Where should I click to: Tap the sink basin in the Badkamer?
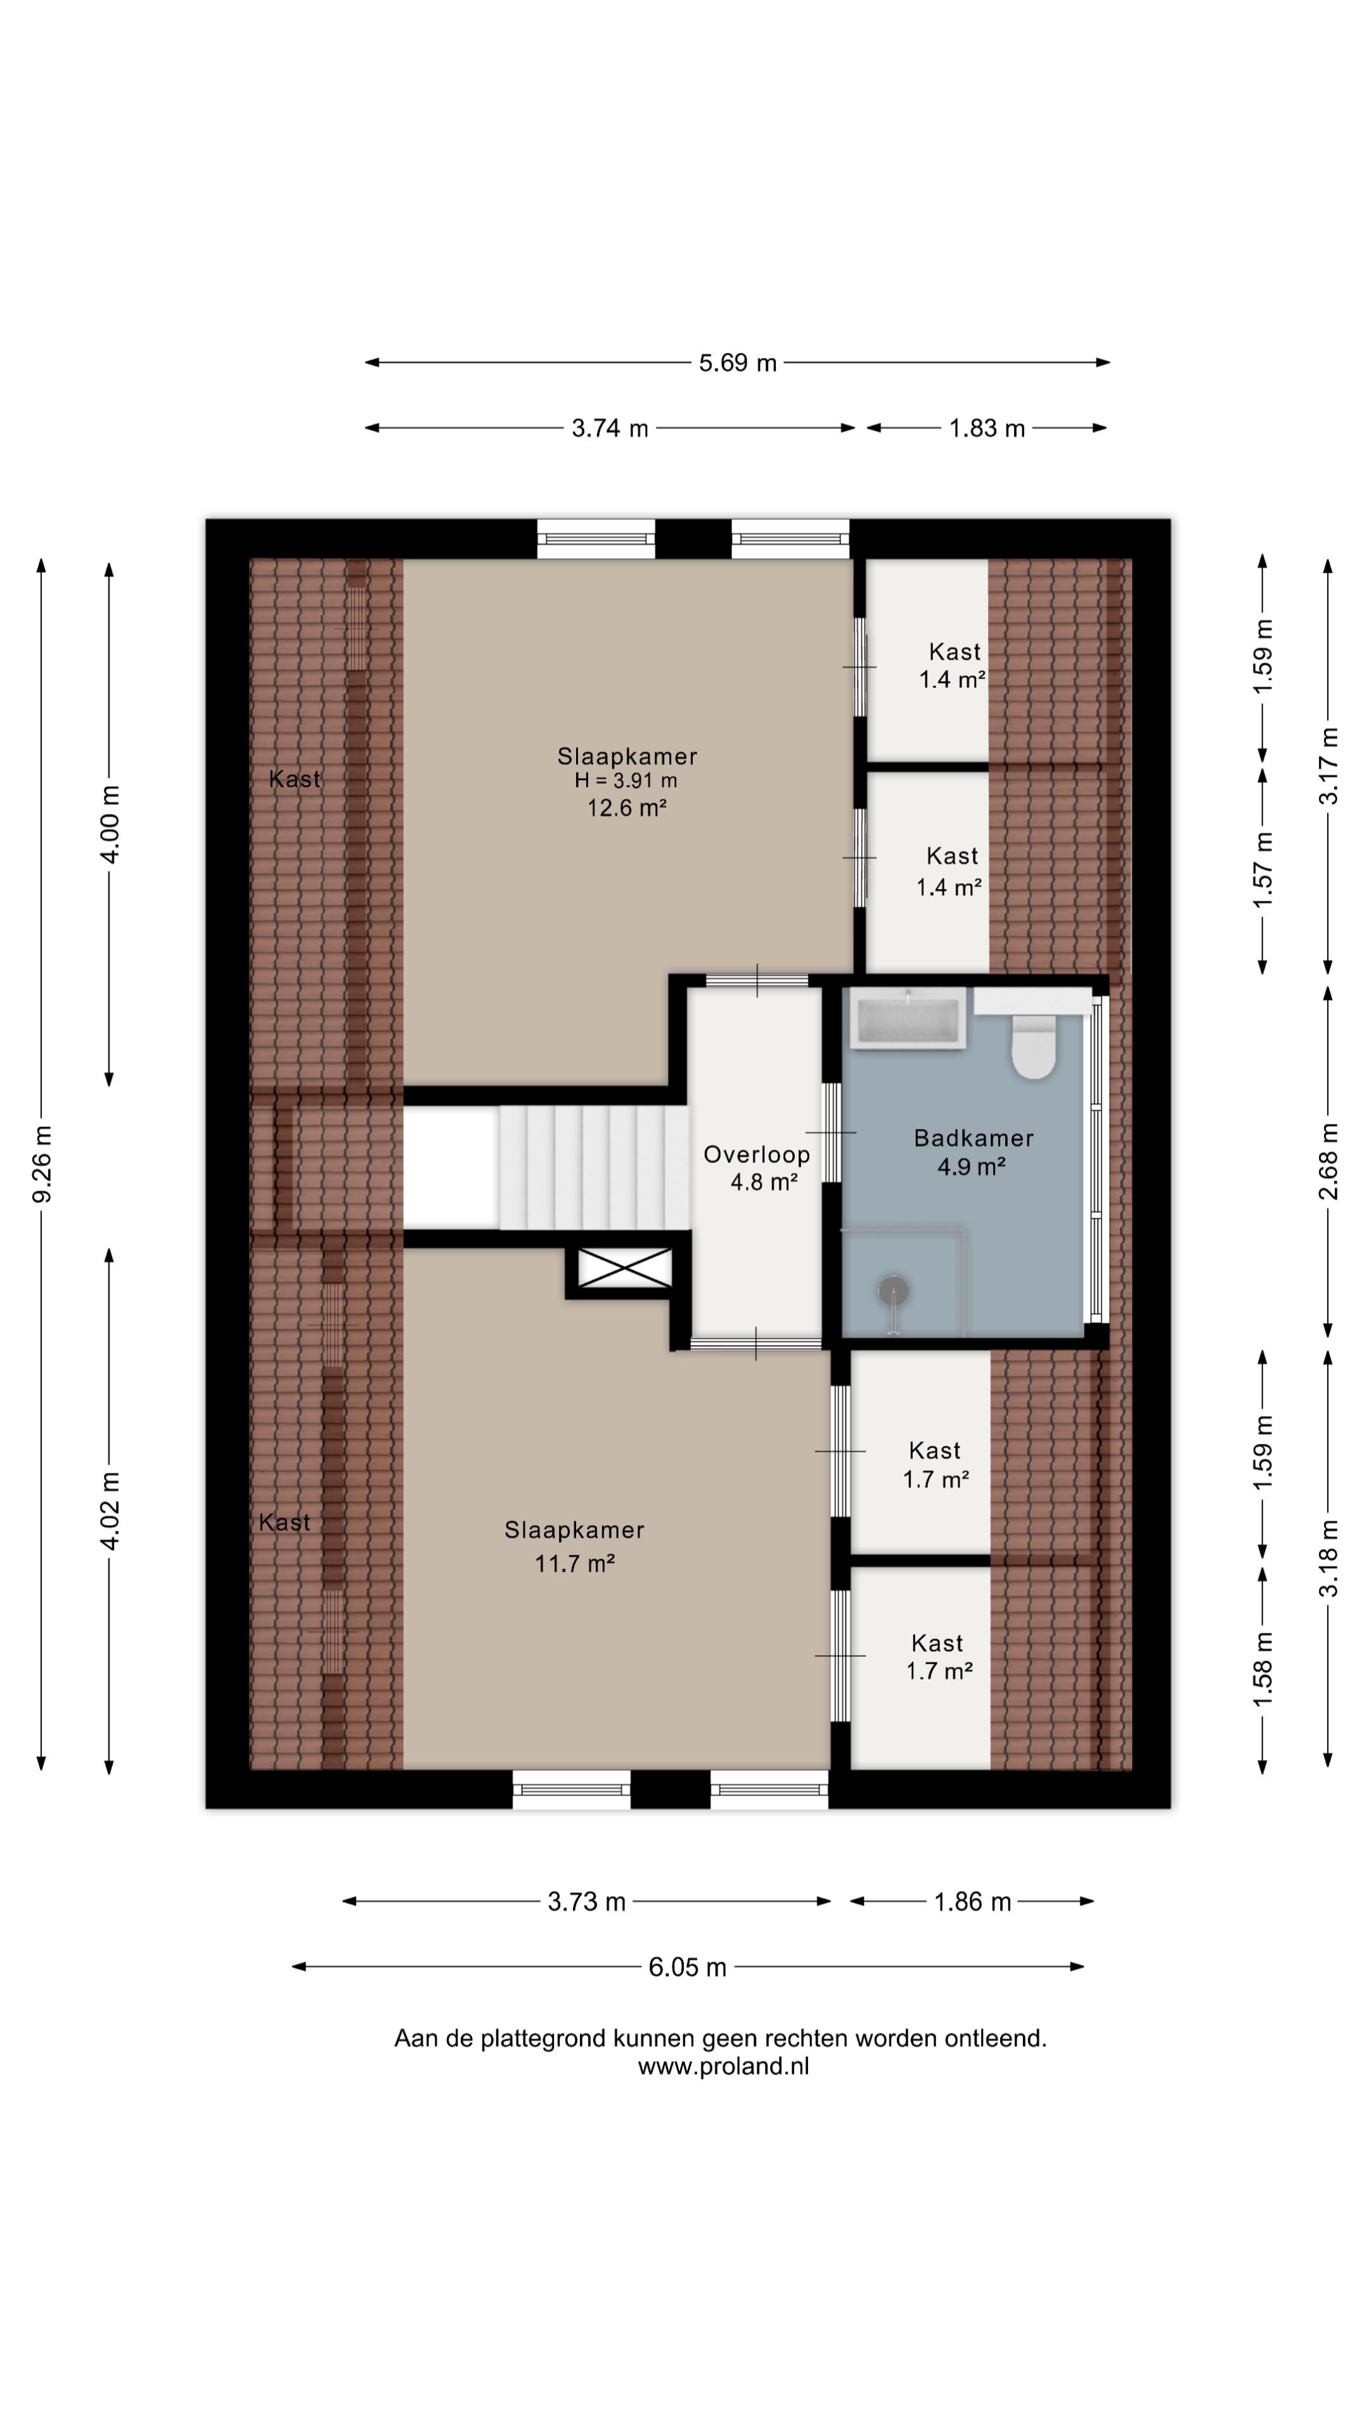[907, 1018]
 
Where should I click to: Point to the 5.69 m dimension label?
[738, 362]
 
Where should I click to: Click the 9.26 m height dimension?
[42, 1165]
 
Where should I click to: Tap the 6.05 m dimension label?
[687, 1967]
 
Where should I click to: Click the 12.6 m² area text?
[627, 808]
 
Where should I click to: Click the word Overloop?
[757, 1154]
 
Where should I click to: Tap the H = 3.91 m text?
[626, 781]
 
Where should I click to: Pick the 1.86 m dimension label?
[972, 1901]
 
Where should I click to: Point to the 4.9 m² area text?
[970, 1166]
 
